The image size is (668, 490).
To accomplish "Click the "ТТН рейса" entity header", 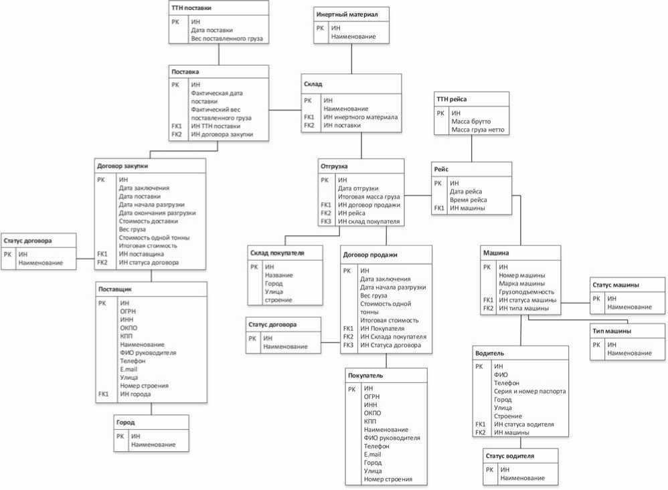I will pos(451,99).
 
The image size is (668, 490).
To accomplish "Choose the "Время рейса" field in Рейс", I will pos(468,200).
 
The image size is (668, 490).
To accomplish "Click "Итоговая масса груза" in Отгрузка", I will pos(369,197).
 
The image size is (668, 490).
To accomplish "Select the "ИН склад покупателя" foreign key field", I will pos(369,221).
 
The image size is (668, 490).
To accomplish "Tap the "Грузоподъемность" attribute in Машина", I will pos(526,291).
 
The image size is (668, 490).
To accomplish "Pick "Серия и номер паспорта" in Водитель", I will pos(529,392).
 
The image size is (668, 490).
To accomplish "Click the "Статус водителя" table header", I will pos(509,456).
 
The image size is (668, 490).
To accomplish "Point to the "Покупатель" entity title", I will pos(365,375).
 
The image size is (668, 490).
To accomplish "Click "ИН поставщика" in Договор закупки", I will pos(141,254).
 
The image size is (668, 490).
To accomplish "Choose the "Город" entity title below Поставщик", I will pos(125,422).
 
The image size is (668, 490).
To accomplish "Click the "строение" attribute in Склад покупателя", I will pos(278,299).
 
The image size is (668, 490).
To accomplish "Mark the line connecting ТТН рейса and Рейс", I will pos(471,148).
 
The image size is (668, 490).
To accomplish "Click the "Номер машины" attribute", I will pos(521,275).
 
